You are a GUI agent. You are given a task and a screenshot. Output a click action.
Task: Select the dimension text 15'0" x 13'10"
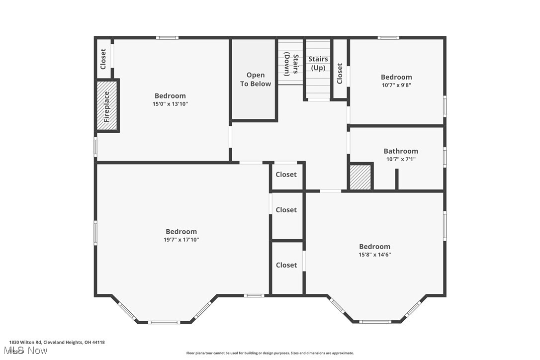click(x=170, y=104)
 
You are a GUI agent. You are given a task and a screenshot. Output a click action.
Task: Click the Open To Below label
click(x=256, y=80)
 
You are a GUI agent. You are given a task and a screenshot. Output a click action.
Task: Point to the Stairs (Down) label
click(x=291, y=64)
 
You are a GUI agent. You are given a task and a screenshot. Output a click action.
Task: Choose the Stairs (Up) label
click(x=318, y=63)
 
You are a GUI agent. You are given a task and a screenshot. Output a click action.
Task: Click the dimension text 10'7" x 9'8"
click(x=396, y=85)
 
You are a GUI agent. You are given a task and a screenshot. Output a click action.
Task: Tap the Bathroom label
click(x=401, y=151)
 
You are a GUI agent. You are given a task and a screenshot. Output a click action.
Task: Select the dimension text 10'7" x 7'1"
click(x=401, y=160)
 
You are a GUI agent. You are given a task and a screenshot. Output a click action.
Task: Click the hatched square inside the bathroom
click(x=361, y=177)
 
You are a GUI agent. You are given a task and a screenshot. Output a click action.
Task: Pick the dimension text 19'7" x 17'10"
click(x=181, y=240)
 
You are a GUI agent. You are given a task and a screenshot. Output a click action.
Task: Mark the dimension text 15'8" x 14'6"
click(x=374, y=255)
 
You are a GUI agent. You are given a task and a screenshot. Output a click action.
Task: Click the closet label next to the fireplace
click(x=103, y=59)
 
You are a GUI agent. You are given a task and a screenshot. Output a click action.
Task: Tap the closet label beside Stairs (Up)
click(x=340, y=74)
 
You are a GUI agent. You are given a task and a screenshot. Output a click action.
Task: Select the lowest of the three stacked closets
click(x=286, y=266)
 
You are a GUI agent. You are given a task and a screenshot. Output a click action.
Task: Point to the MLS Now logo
click(x=28, y=351)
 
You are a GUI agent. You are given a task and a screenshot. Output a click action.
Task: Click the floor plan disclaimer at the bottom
click(x=270, y=353)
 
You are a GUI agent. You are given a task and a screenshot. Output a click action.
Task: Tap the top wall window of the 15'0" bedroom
click(x=167, y=38)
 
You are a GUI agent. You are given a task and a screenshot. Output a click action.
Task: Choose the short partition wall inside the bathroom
click(x=397, y=179)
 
